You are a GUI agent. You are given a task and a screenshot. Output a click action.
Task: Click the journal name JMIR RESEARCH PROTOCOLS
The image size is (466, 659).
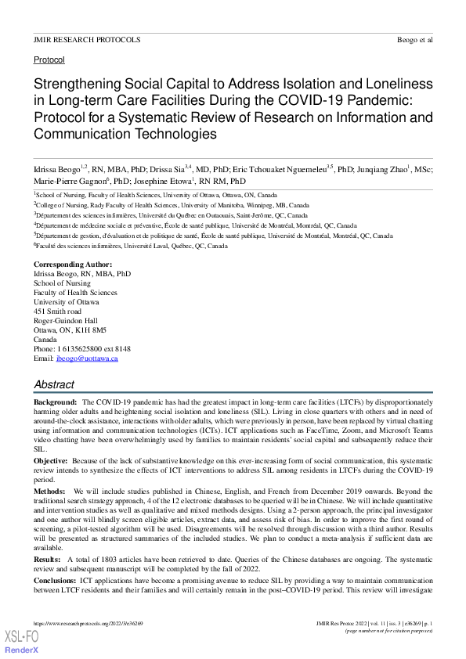tap(87, 39)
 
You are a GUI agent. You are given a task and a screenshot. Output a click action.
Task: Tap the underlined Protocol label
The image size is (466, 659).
tap(49, 59)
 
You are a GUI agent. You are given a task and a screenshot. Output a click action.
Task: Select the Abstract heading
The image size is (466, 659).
tap(54, 384)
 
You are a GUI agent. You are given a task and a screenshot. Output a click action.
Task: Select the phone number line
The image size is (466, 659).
tap(82, 348)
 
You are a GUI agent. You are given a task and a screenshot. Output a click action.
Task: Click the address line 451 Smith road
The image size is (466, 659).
tap(57, 311)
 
